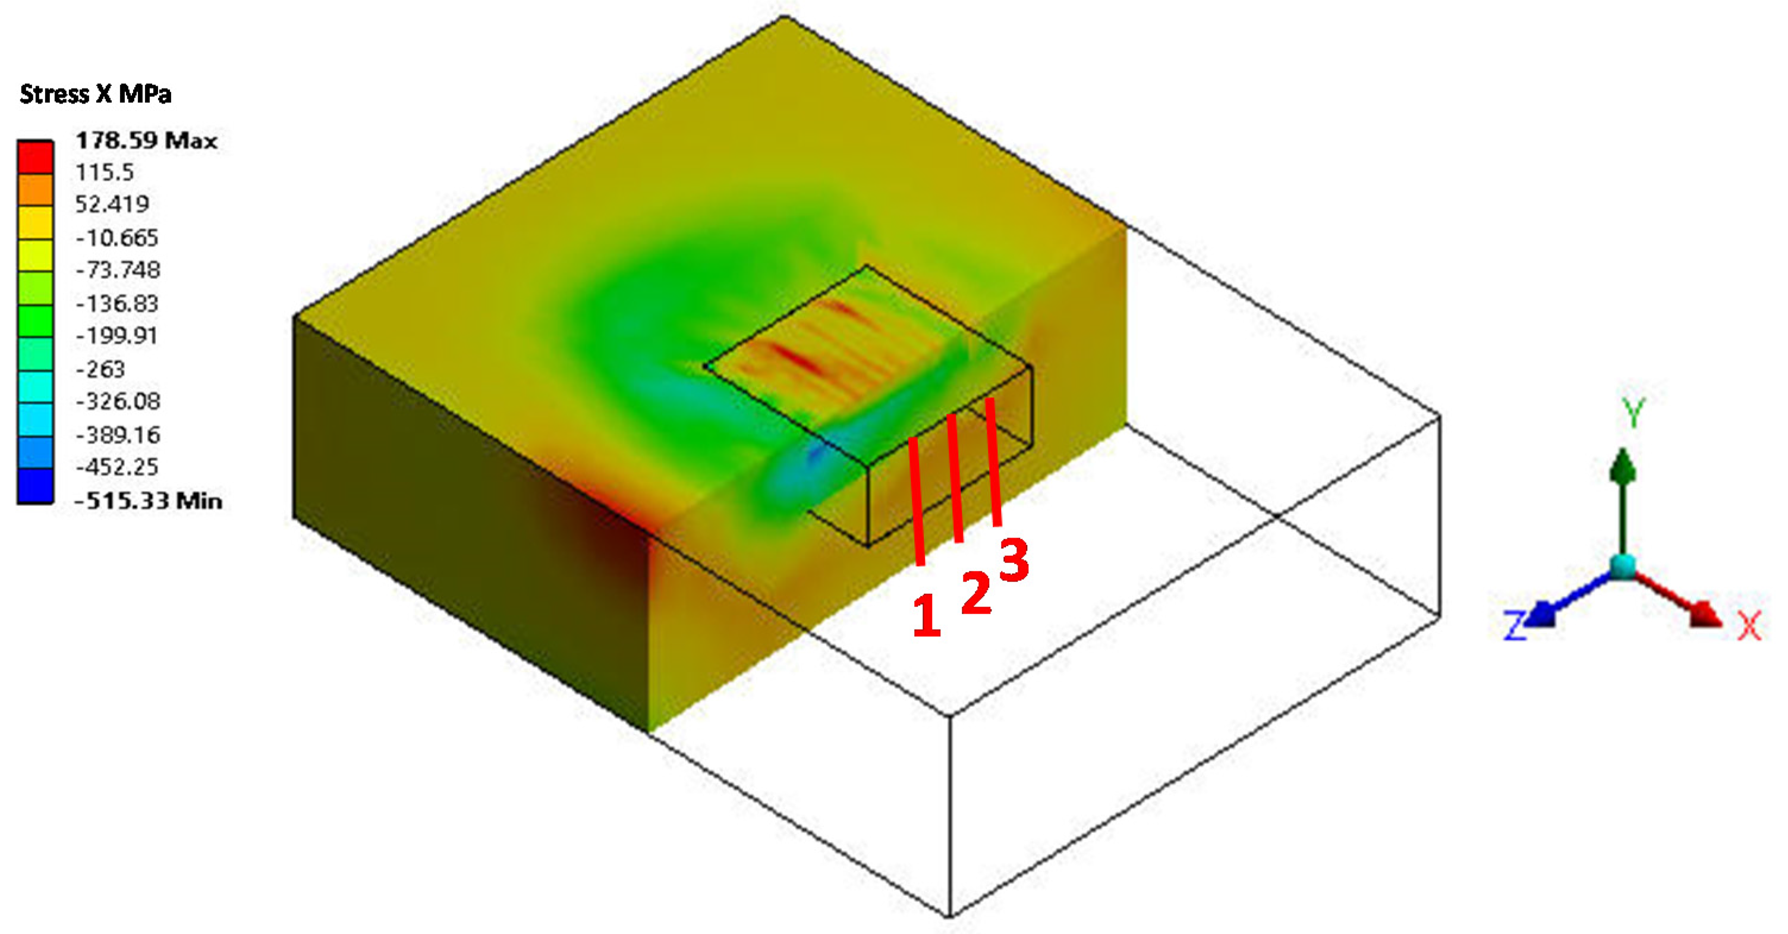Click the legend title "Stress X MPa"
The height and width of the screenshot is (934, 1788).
(95, 94)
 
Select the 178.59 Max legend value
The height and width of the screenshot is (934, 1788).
(146, 141)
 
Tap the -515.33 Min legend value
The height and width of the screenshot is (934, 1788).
(149, 501)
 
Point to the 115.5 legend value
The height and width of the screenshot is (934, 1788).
(105, 172)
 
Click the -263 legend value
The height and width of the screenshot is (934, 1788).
(100, 369)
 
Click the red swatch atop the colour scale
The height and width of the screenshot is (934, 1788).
(34, 157)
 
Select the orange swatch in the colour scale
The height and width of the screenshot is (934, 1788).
(34, 190)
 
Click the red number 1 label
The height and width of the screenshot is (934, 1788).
(926, 616)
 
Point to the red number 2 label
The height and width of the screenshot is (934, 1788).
(977, 593)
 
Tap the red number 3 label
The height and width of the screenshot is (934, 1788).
(1014, 561)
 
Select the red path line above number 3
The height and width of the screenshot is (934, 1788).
(994, 462)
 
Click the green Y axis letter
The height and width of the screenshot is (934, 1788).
(1633, 413)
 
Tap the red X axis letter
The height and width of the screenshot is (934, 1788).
(1749, 625)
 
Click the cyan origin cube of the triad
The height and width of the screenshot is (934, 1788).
(1623, 567)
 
